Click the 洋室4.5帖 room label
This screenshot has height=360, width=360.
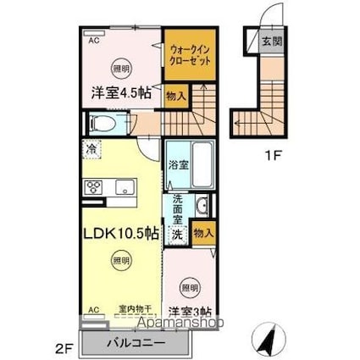click(121, 94)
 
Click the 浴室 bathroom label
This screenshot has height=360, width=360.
click(177, 165)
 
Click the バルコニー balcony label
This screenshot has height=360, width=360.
click(130, 345)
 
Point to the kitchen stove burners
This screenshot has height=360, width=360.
click(92, 188)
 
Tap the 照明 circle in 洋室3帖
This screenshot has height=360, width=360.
click(191, 287)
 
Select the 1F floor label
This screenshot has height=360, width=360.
click(268, 155)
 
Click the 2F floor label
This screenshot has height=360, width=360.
click(66, 348)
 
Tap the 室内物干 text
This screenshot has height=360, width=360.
click(134, 311)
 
